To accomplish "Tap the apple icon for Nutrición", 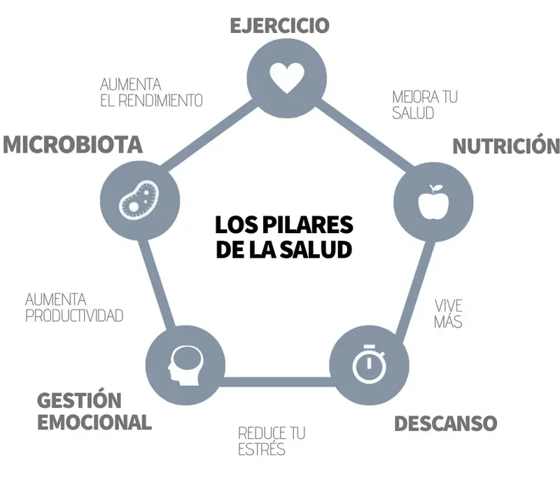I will coord(431,200).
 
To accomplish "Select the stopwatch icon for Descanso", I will coord(367,364).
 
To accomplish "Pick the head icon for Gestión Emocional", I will coord(185,365).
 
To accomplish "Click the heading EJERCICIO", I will coord(279,26).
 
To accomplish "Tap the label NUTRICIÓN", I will coord(506,146).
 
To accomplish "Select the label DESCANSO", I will coord(445,423).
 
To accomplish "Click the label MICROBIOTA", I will coord(73,145).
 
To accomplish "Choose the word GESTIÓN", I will coord(79,401).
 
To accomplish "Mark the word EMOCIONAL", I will coord(94,423).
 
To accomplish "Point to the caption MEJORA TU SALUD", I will coord(424,104).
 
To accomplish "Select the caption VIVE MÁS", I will coord(448,314).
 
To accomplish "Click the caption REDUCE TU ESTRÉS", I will coord(272,441).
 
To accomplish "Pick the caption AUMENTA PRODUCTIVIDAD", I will coord(74,307).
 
